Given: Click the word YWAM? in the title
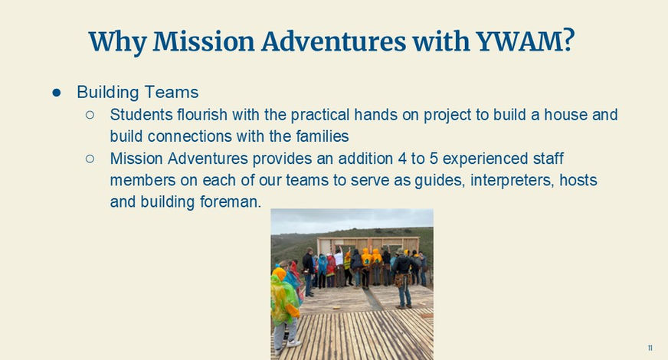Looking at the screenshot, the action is [x=526, y=41].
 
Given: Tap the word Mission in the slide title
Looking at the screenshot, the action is [x=204, y=41].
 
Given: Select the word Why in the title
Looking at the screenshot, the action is [x=117, y=42].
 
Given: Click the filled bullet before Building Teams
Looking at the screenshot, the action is [x=56, y=93].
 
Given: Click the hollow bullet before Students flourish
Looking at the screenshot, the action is [x=90, y=115].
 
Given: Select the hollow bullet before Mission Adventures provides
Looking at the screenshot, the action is [x=90, y=159].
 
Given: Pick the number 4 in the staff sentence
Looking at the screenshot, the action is [x=403, y=159].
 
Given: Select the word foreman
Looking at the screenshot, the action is [x=231, y=202].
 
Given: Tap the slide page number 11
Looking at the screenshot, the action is [x=650, y=348].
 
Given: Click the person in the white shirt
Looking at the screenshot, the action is [x=339, y=266].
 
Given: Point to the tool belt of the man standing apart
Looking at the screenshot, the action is [x=401, y=280].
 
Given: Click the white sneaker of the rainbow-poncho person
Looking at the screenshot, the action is [x=293, y=343].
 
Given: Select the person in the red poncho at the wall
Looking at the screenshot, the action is [x=331, y=270].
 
